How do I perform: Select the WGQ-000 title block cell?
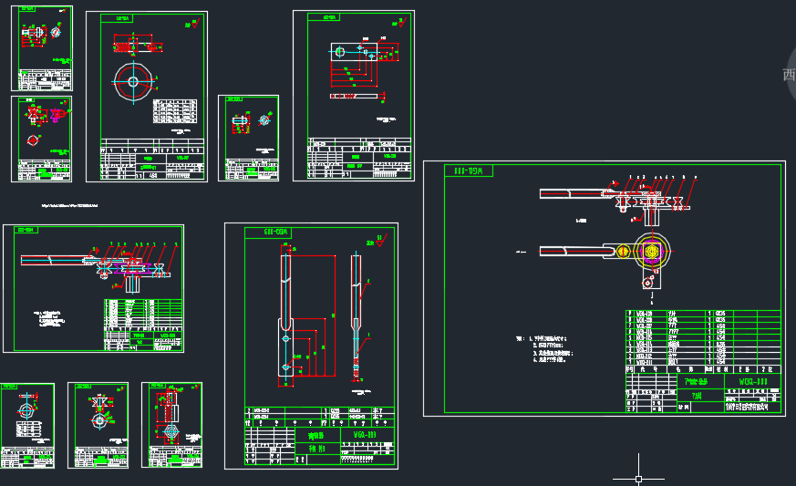tap(753, 381)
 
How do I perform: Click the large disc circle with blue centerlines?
tap(132, 81)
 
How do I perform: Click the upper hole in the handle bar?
tap(286, 338)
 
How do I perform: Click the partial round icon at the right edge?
tap(790, 75)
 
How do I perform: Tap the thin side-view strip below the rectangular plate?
tap(354, 95)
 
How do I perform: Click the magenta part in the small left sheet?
tap(55, 115)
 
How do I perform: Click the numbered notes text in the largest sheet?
tap(546, 349)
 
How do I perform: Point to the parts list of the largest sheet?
tap(703, 339)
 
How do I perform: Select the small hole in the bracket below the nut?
tap(646, 283)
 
